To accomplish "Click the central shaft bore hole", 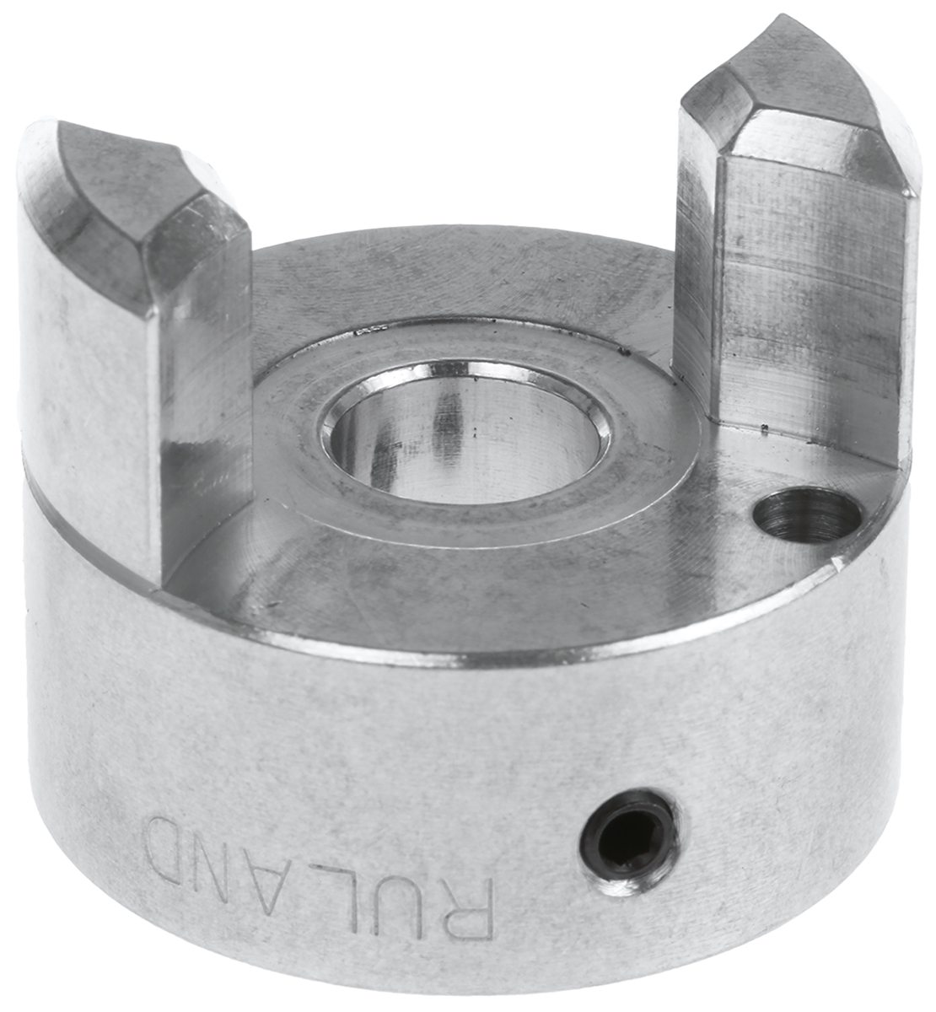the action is pos(465,431).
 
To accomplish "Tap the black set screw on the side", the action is pos(629,848).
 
